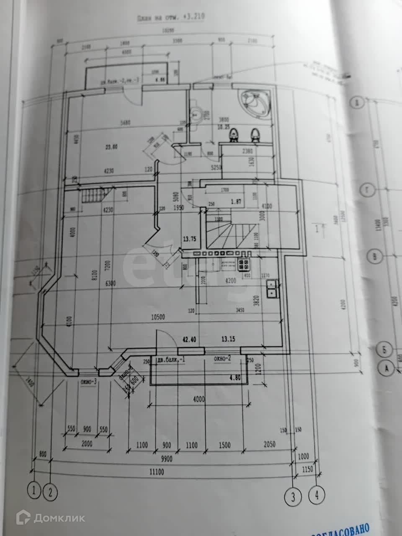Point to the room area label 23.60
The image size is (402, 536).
pyautogui.click(x=111, y=147)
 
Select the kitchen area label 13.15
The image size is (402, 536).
pyautogui.click(x=229, y=340)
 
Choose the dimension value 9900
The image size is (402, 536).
pyautogui.click(x=168, y=459)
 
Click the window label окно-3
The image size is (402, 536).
pyautogui.click(x=89, y=381)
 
